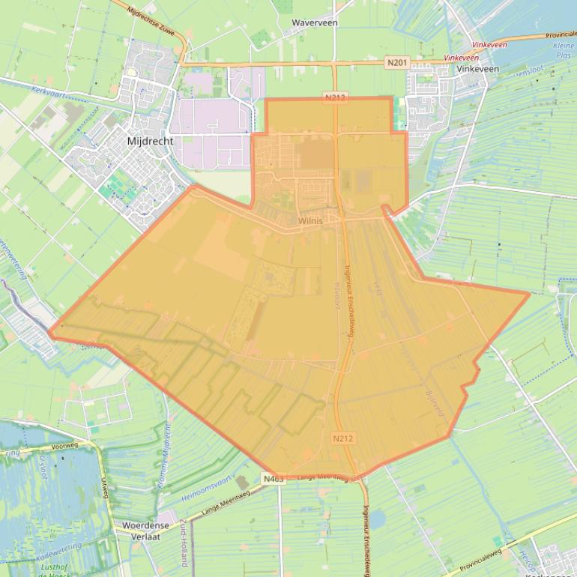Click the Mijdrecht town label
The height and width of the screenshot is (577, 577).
150,140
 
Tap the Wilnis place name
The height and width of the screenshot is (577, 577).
309,221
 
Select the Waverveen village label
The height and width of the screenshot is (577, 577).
314,23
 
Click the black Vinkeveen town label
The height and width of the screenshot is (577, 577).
477,68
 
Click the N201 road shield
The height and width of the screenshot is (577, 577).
398,62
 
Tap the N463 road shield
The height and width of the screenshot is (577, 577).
274,479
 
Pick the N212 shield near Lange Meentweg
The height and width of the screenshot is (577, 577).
342,438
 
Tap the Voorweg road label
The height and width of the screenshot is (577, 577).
65,445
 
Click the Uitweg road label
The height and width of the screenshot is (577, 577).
104,488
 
